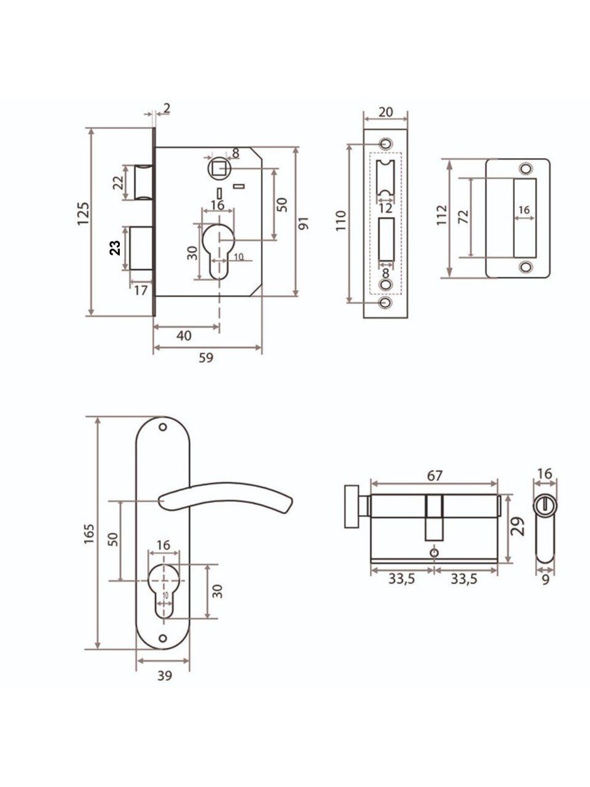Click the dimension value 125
pyautogui.click(x=83, y=214)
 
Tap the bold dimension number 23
pyautogui.click(x=115, y=247)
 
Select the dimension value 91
pyautogui.click(x=304, y=223)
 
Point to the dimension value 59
pyautogui.click(x=206, y=357)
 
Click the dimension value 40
pyautogui.click(x=184, y=336)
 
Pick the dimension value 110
pyautogui.click(x=340, y=221)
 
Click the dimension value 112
pyautogui.click(x=442, y=215)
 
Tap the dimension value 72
pyautogui.click(x=463, y=217)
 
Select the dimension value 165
pyautogui.click(x=89, y=534)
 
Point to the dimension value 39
pyautogui.click(x=165, y=676)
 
